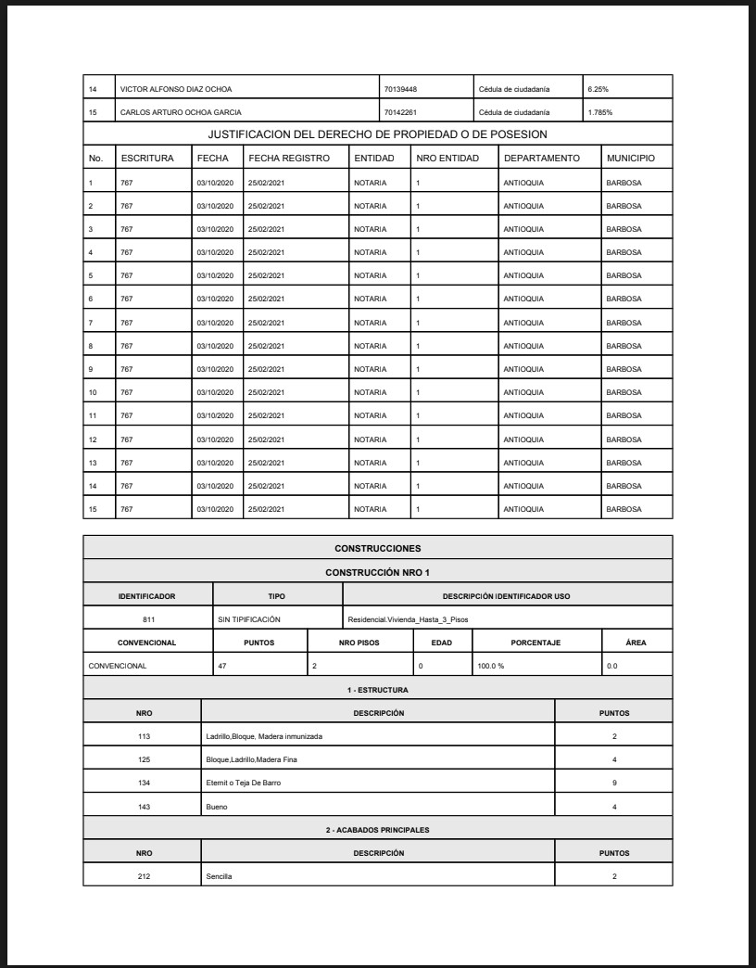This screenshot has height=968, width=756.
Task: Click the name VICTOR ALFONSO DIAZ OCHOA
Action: (176, 89)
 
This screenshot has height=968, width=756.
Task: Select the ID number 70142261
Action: (400, 112)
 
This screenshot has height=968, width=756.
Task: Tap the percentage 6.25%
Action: (598, 89)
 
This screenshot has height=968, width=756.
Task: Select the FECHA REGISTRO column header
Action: (289, 159)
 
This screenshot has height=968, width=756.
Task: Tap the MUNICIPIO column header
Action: (631, 159)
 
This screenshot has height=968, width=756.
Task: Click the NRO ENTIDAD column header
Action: (447, 159)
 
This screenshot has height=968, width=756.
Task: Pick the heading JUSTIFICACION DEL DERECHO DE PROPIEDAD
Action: (378, 135)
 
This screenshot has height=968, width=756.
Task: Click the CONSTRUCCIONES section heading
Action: (378, 549)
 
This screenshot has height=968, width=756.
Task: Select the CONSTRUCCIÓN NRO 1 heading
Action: (378, 572)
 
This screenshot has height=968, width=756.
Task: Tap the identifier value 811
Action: (148, 618)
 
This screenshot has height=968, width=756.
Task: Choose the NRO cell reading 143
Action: (143, 807)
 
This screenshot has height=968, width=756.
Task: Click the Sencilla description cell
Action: (220, 875)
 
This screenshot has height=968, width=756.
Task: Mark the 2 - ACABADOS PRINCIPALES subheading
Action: (378, 829)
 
